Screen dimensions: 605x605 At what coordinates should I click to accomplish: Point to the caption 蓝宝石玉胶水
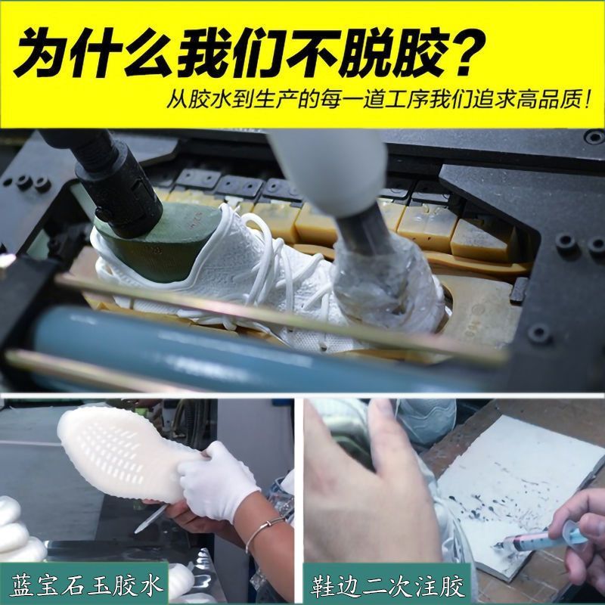pyautogui.click(x=86, y=585)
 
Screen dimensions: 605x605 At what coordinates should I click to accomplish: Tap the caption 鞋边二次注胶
pyautogui.click(x=388, y=585)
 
